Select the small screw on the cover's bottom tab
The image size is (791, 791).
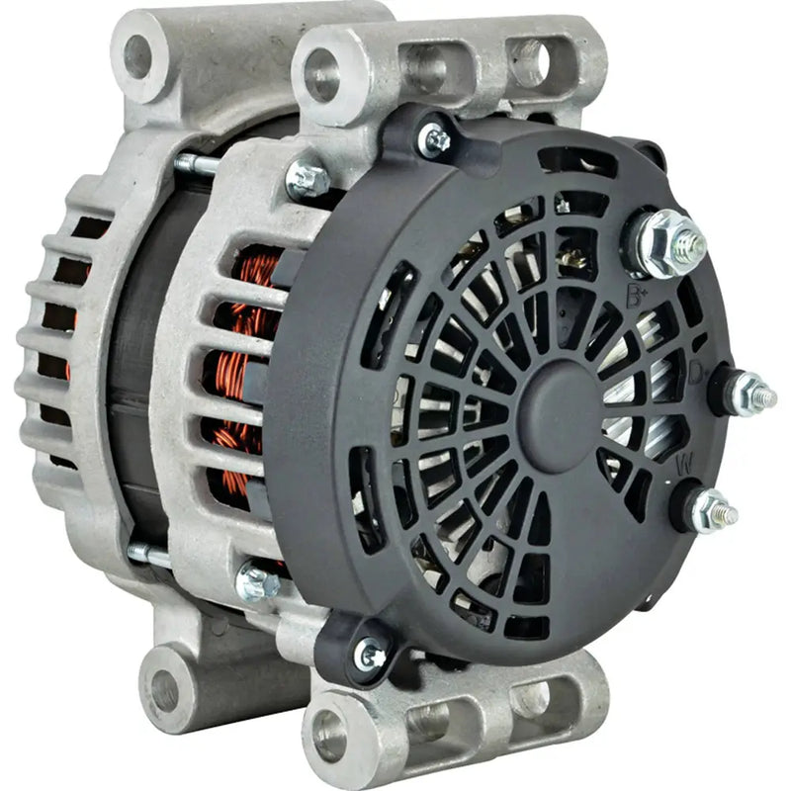[371, 654]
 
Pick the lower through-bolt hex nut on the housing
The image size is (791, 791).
[258, 582]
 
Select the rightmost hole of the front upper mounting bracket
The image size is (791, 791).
[529, 61]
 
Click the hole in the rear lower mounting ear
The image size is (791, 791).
[164, 690]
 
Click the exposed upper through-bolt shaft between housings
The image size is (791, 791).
[198, 163]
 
